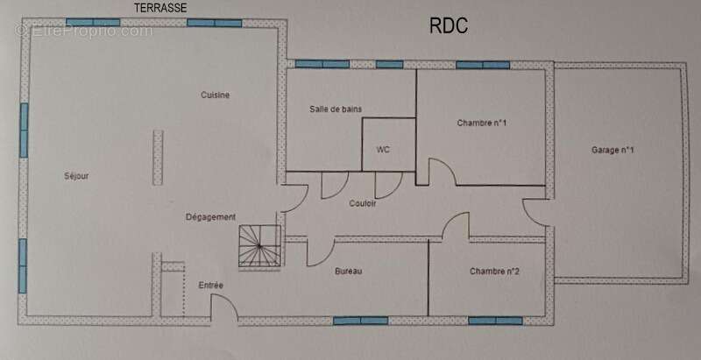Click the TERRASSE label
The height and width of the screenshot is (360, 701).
coord(160,8)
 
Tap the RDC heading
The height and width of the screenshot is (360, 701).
coord(449,25)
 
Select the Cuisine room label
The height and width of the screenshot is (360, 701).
coord(215,95)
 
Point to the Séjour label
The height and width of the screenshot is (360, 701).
coord(76,176)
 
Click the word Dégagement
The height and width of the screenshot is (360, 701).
coord(210,217)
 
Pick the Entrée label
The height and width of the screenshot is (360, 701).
coord(210,285)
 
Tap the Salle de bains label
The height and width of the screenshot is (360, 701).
coord(336,109)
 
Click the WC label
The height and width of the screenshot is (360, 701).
coord(383,150)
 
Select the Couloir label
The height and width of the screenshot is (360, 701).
coord(362,203)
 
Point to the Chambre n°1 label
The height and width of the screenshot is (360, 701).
coord(481,123)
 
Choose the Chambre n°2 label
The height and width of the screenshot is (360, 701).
coord(494,272)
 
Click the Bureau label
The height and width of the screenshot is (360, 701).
coord(348,272)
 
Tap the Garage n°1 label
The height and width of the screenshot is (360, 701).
coord(612,150)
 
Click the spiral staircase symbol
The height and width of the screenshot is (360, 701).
coord(259,246)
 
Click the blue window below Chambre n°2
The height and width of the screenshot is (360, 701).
coord(495,321)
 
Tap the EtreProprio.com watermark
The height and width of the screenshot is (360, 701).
coord(83,32)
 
